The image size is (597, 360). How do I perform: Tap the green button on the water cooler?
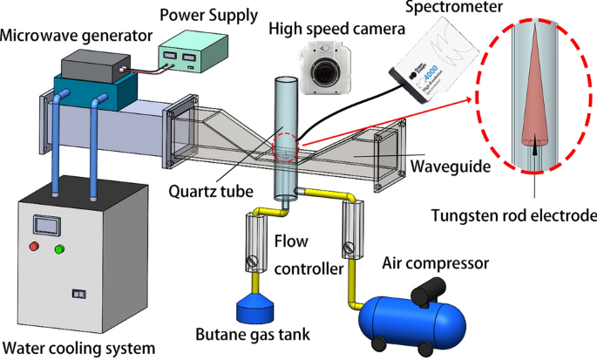(x=60, y=250)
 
